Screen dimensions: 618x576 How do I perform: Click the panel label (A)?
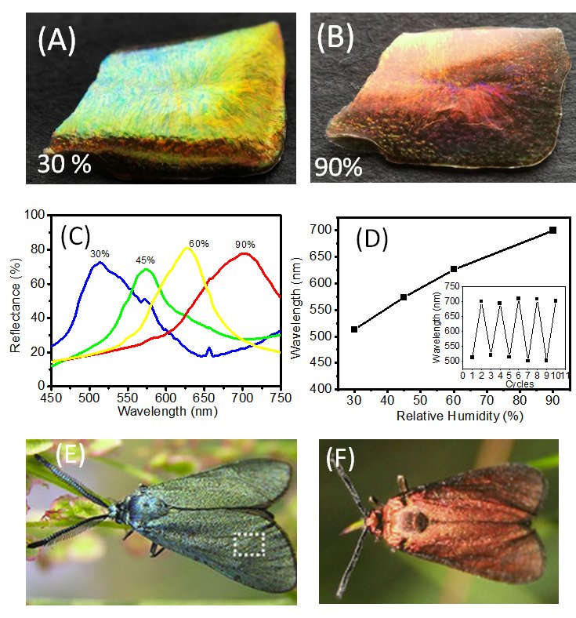[x=58, y=42]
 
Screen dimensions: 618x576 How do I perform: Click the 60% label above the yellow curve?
[x=198, y=243]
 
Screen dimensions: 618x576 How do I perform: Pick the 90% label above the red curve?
[x=245, y=245]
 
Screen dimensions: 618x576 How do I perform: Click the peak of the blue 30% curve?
[x=99, y=262]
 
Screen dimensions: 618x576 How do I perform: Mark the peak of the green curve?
[x=145, y=270]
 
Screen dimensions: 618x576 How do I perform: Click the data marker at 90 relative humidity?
[x=552, y=230]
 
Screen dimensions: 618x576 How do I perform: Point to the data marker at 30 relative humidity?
[x=355, y=329]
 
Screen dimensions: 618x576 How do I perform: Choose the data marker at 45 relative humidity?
[x=404, y=297]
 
